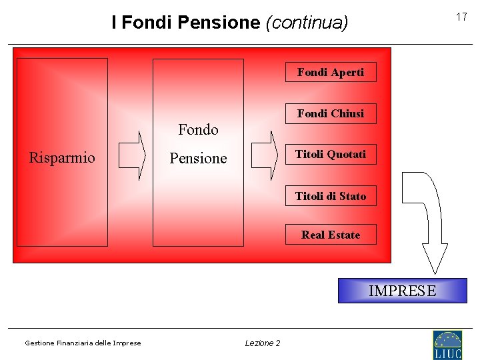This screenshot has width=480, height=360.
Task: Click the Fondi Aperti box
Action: [331, 72]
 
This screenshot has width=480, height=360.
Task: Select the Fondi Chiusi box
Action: [331, 113]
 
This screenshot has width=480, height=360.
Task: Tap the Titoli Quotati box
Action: [331, 154]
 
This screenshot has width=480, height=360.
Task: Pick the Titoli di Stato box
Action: [331, 196]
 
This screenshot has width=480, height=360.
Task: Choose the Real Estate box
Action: [331, 235]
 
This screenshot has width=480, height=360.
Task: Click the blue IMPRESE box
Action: [402, 291]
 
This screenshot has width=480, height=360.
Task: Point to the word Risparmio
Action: [62, 158]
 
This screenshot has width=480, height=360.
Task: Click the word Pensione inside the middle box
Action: [198, 159]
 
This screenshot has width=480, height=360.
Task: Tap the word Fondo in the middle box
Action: [198, 130]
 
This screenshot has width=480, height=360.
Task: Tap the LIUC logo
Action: [447, 345]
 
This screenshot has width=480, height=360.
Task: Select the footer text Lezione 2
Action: [263, 343]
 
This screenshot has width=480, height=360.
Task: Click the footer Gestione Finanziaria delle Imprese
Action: [83, 343]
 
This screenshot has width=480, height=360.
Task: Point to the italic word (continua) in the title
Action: [307, 23]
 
